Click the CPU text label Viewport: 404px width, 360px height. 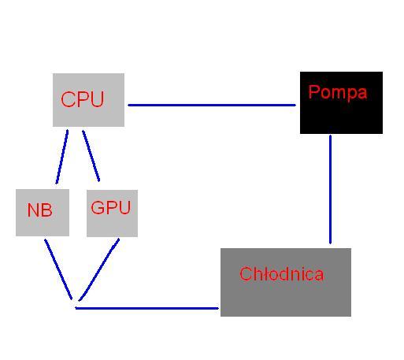pos(83,99)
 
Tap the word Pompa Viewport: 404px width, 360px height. pos(338,92)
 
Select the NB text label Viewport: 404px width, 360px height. pos(40,210)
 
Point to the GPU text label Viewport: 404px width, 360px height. pos(111,207)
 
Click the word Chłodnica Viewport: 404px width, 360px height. pos(282,274)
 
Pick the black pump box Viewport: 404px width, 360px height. pos(341,102)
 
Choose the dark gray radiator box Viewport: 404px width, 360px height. pos(286,282)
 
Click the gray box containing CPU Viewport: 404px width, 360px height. pos(88,100)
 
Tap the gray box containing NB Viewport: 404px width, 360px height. pos(43,213)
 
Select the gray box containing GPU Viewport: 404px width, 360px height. pos(112,213)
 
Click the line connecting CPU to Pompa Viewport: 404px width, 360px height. pos(212,105)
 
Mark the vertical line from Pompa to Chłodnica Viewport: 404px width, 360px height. pos(330,189)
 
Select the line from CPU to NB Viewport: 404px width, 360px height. pos(62,157)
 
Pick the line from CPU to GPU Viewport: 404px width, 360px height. pos(91,156)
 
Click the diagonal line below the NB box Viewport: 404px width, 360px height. pos(58,269)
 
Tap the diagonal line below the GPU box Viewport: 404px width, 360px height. pos(99,269)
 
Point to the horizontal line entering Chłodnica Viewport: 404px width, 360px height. pos(147,308)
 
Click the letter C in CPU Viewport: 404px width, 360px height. pos(68,99)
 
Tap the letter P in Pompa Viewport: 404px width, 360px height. pos(314,91)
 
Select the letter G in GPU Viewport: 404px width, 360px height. pos(98,207)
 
